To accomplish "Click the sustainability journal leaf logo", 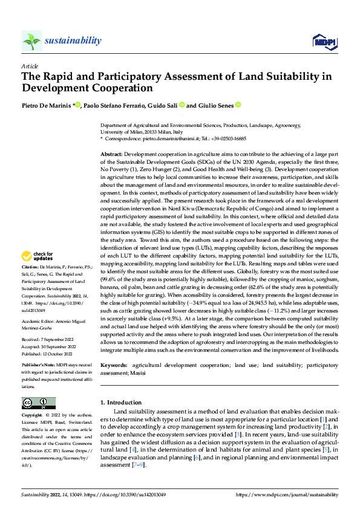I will tap(31, 41).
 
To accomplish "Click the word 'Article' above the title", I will tap(30, 66).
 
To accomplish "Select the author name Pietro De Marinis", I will tap(47, 105).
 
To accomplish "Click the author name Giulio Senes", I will tap(216, 105).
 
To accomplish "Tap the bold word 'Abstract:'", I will tap(112, 155).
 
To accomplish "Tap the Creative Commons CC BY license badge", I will tap(38, 403).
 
